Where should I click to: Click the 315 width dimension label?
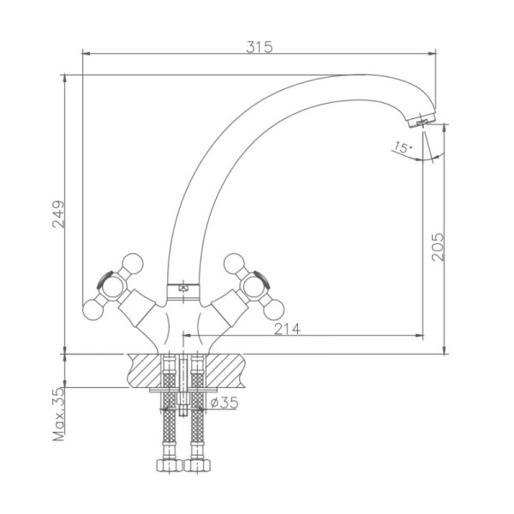click(260, 47)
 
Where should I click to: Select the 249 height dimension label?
click(58, 214)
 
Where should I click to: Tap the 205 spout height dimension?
click(438, 247)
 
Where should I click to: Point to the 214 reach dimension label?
click(287, 329)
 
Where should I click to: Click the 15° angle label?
click(403, 147)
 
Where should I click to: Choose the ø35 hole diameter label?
click(224, 403)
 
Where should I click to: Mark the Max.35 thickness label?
click(59, 415)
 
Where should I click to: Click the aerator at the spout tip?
click(423, 119)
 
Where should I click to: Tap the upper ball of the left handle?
click(133, 264)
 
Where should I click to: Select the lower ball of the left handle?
click(93, 309)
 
